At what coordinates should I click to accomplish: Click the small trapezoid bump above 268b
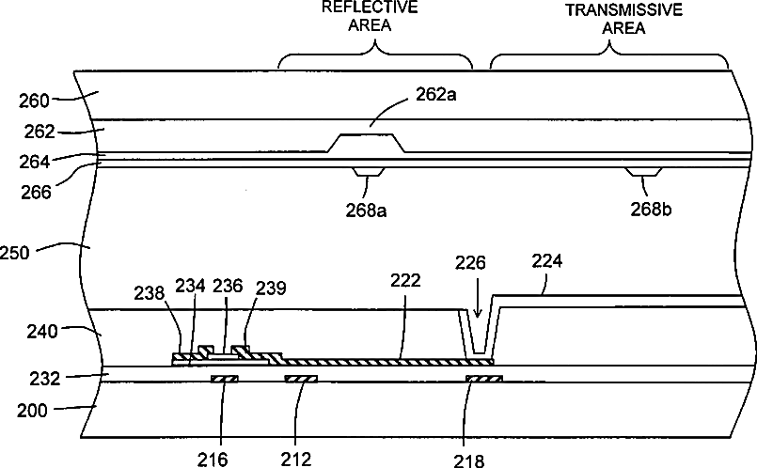(645, 172)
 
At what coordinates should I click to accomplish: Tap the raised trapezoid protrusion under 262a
(367, 143)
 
